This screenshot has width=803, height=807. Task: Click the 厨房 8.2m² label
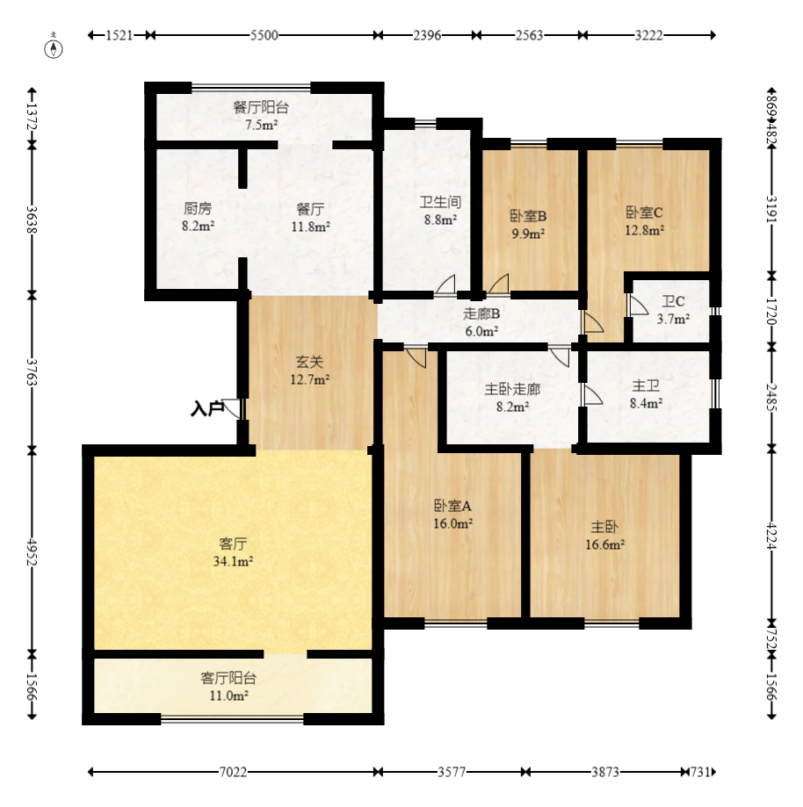[199, 217]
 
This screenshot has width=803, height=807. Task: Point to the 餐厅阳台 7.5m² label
[261, 116]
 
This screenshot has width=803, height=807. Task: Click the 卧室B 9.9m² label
[528, 224]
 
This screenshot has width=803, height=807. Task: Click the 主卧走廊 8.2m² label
[512, 397]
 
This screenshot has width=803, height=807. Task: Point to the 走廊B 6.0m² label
[481, 322]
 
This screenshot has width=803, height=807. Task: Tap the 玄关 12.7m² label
[311, 370]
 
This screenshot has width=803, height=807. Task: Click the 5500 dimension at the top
[264, 35]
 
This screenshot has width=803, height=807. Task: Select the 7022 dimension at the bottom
[232, 772]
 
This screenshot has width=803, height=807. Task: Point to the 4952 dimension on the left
[33, 551]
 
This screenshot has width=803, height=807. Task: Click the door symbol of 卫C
[637, 305]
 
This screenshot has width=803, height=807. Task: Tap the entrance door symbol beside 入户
[233, 408]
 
